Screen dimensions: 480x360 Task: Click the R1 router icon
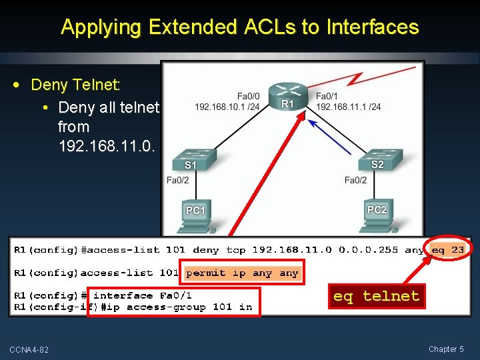pyautogui.click(x=287, y=97)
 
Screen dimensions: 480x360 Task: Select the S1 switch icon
pyautogui.click(x=191, y=159)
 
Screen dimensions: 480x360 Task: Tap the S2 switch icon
pyautogui.click(x=377, y=159)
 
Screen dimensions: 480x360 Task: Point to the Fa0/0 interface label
pyautogui.click(x=248, y=95)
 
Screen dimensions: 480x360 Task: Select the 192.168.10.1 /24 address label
pyautogui.click(x=227, y=107)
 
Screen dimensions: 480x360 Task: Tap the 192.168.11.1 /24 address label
pyautogui.click(x=349, y=107)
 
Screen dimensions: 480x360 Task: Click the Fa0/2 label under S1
pyautogui.click(x=178, y=180)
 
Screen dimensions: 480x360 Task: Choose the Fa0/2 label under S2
pyautogui.click(x=356, y=180)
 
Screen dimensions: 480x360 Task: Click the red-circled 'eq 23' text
pyautogui.click(x=448, y=250)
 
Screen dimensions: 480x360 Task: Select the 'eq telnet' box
pyautogui.click(x=377, y=296)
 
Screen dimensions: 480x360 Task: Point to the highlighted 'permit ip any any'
pyautogui.click(x=243, y=273)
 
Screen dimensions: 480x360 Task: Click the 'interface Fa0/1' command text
pyautogui.click(x=143, y=295)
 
